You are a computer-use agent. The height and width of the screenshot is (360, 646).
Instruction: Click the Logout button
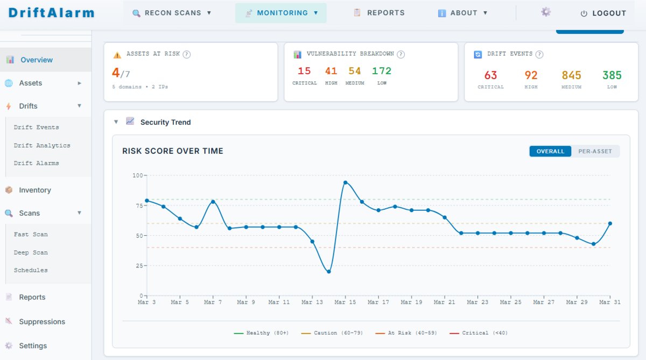coord(603,13)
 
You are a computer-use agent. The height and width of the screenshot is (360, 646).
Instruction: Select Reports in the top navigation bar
coord(379,13)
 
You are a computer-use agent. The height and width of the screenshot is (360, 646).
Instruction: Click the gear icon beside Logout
coord(546,12)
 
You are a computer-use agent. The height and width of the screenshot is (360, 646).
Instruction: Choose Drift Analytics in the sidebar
coord(42,145)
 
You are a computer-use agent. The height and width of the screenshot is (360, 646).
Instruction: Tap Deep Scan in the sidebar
coord(31,252)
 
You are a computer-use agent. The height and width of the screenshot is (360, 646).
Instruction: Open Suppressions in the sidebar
coord(42,322)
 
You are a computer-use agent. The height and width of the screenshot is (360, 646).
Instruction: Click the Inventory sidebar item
coord(35,190)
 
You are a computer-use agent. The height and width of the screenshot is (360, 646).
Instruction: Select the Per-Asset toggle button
coord(595,151)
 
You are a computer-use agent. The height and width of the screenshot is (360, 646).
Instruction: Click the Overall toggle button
coord(550,151)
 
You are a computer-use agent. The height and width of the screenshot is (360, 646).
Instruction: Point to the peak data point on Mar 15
coord(345,182)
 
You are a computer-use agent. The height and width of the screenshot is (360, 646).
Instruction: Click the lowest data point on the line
coord(329,272)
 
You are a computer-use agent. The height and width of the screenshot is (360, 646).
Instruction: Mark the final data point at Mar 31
coord(610,223)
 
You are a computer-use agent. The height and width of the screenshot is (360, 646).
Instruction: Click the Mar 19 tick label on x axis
coord(411,302)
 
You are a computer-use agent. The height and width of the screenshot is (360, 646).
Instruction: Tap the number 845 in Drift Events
coord(572,75)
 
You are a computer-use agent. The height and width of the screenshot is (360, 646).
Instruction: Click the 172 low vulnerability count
coord(382,71)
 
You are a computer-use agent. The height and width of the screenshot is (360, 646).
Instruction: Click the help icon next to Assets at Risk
coord(187,54)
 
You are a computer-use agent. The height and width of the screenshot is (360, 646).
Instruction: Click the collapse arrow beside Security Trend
coord(116,122)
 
